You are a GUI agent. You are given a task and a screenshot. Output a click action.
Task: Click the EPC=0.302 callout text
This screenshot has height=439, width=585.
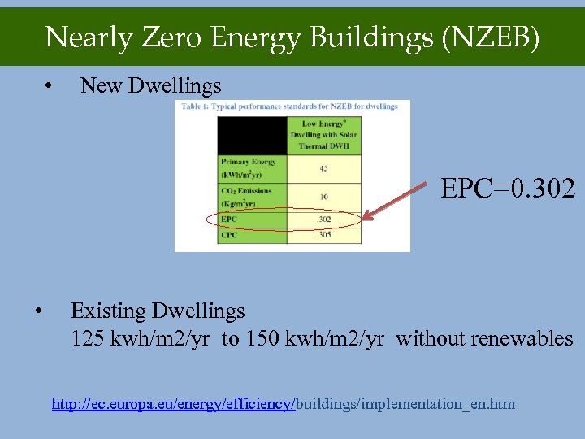508,190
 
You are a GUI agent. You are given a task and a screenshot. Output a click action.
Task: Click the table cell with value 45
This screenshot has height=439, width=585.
324,168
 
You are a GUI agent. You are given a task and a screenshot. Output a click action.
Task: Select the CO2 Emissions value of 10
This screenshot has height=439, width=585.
324,196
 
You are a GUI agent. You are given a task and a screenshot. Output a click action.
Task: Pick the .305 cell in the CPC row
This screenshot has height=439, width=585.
324,235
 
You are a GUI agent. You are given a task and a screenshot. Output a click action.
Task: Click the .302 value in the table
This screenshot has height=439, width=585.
324,219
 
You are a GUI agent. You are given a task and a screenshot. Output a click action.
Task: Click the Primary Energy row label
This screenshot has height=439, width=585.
249,168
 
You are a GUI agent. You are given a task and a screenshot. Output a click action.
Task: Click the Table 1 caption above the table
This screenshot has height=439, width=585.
289,106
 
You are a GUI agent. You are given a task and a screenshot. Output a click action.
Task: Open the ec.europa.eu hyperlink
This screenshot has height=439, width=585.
283,404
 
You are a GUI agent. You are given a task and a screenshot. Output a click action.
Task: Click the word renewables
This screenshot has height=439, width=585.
531,338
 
